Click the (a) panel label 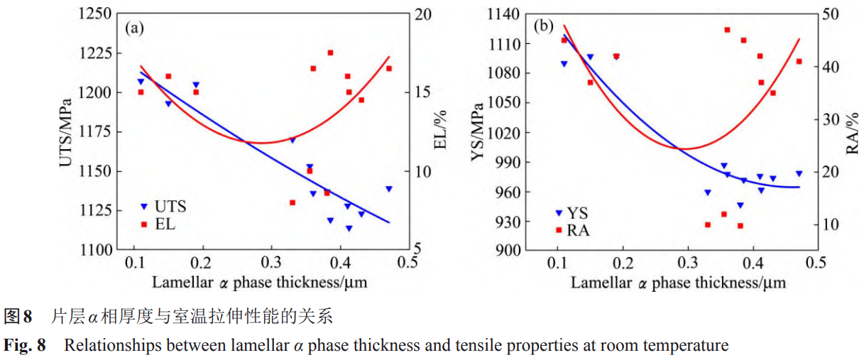pos(135,28)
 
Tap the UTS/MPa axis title pos(65,132)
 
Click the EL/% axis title pos(440,132)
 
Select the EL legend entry pos(158,224)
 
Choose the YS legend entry pos(573,213)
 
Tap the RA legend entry pos(573,230)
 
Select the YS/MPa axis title pos(481,132)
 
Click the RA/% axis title pos(853,132)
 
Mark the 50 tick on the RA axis pos(831,14)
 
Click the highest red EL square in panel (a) pos(330,53)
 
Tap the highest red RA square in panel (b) pos(727,30)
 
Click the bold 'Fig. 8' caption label pos(25,347)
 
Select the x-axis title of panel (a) pos(259,283)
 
